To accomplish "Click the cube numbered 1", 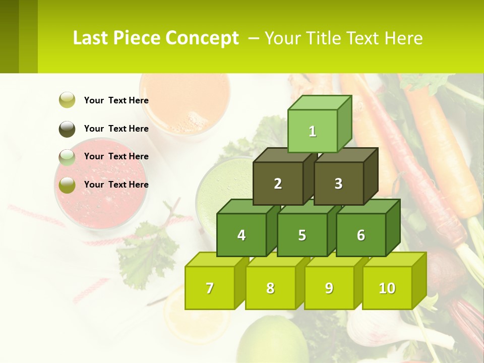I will point(313,131).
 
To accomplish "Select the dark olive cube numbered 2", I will point(278,184).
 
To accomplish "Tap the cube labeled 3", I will point(338,184).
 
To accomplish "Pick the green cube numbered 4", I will point(241,235).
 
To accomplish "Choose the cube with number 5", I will point(302,235).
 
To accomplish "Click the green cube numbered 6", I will point(361,235).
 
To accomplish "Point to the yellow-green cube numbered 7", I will point(210,288).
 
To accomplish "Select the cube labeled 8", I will point(270,288).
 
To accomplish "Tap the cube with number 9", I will point(329,288).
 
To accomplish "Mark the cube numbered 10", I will point(387,288).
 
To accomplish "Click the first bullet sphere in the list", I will point(67,100).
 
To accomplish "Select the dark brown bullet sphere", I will point(67,129).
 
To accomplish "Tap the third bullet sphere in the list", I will point(67,157).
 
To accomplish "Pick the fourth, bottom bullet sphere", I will point(67,185).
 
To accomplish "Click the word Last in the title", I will point(90,38).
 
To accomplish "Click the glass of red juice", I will point(101,187).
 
